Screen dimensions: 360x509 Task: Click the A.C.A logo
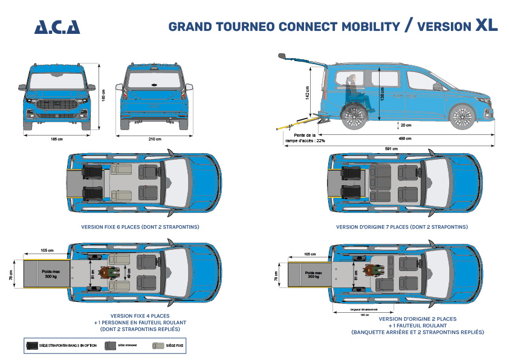coord(57,27)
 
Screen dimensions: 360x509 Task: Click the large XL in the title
coord(487,25)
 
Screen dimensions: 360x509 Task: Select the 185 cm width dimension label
coord(57,139)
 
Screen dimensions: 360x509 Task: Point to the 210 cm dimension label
coord(155,139)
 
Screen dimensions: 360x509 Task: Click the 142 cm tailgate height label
coord(308,94)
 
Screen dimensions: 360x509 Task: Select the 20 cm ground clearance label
coord(406,125)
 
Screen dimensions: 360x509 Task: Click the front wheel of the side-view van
coord(462,115)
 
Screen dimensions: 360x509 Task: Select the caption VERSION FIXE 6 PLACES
coord(140,227)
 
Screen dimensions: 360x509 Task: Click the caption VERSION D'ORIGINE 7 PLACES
coord(402,227)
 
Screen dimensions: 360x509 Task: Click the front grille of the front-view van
coord(57,106)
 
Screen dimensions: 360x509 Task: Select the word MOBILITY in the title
coord(371,27)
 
